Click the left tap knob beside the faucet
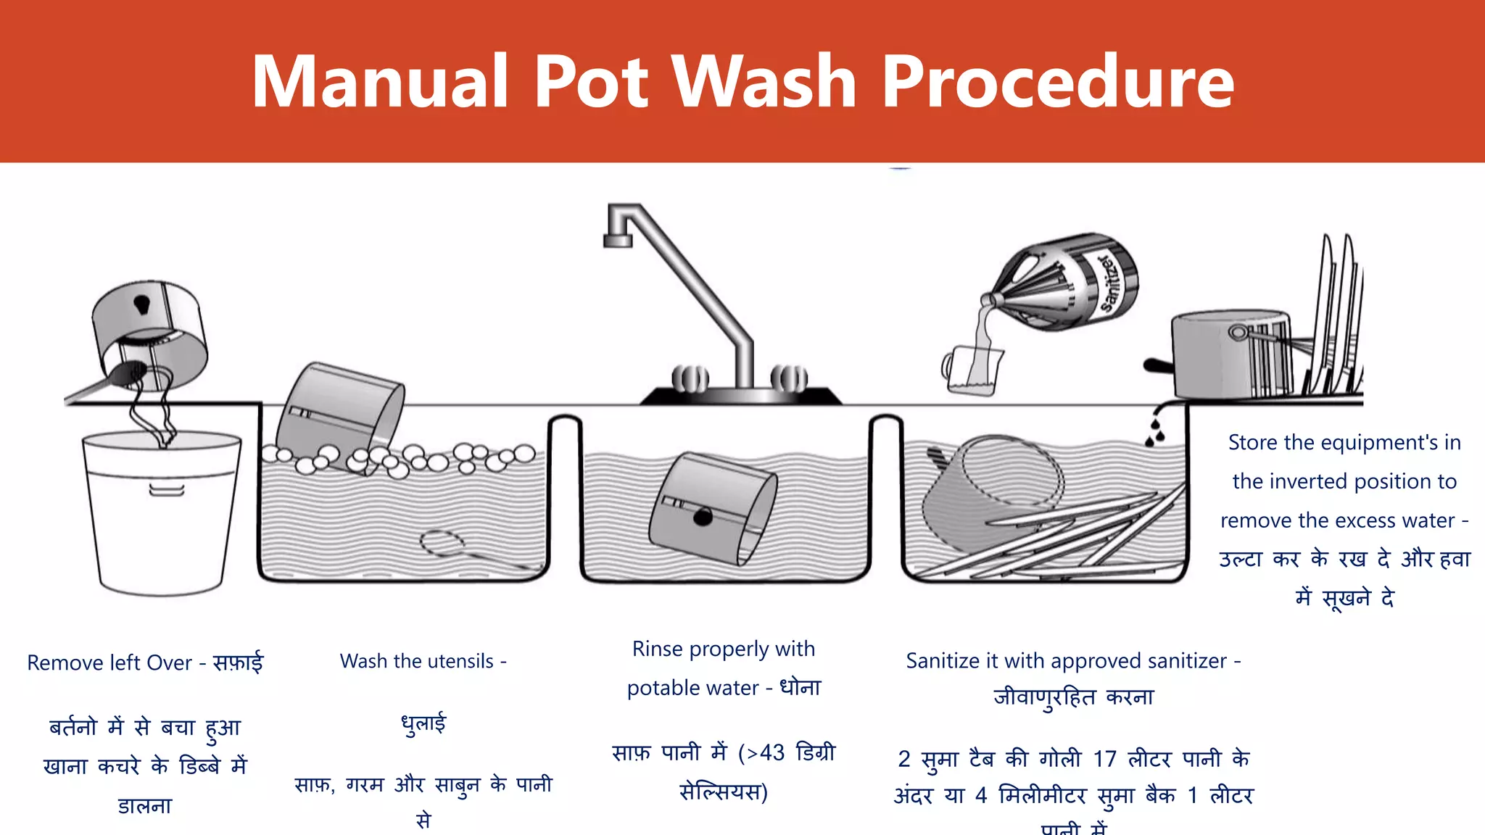tap(690, 378)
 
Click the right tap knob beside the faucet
tap(789, 378)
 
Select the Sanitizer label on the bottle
tap(1110, 283)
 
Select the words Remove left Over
tap(109, 662)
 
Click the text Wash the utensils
tap(417, 661)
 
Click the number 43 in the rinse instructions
tap(772, 753)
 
